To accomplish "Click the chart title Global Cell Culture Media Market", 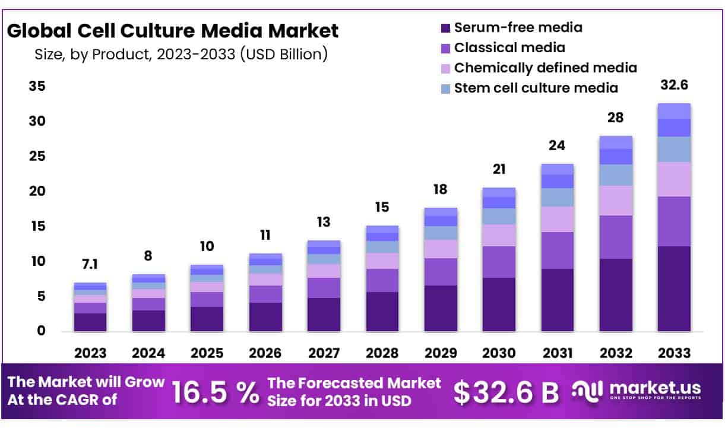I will (x=172, y=30).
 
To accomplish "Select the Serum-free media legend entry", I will (x=518, y=27).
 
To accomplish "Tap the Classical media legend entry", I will (x=509, y=47).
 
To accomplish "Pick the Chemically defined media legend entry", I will (x=545, y=68).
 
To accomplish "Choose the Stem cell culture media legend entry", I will (x=536, y=88).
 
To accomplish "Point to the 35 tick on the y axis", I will (x=37, y=87).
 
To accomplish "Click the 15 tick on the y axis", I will (x=37, y=227).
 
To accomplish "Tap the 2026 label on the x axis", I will (x=265, y=353).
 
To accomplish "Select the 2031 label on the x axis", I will (x=557, y=353).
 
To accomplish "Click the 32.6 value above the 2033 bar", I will (x=674, y=85).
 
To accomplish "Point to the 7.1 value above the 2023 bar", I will (x=90, y=264).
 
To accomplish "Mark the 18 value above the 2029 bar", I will (x=440, y=189).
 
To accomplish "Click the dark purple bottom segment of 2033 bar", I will (x=674, y=288).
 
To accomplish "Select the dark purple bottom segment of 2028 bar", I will (x=382, y=311).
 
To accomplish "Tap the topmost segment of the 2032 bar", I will (x=616, y=142).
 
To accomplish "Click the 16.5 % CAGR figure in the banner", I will (x=215, y=392).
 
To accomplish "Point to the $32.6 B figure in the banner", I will (x=506, y=392).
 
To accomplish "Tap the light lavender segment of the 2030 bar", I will (x=499, y=235).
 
